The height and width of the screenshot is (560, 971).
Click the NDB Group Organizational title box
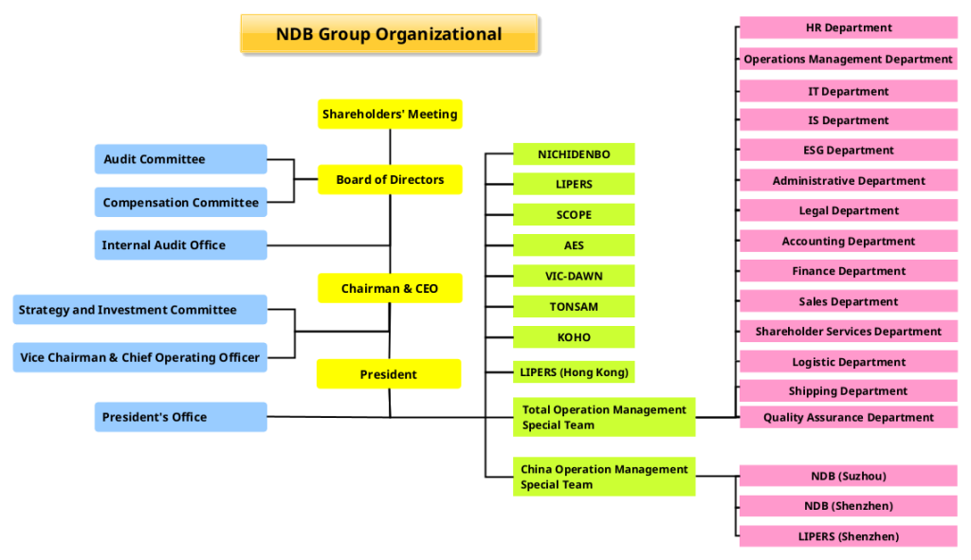click(389, 35)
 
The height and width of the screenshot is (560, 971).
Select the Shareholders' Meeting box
click(390, 115)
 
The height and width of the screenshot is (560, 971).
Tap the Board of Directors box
click(390, 180)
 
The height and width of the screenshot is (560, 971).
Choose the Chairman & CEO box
click(390, 288)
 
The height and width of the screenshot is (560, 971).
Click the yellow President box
click(389, 374)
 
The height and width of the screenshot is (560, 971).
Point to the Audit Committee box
click(181, 159)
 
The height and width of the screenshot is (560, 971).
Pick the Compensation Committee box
click(181, 203)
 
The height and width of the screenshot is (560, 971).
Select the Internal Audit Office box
click(181, 245)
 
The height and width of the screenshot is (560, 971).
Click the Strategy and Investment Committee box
click(140, 310)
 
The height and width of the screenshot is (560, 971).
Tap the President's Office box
click(181, 417)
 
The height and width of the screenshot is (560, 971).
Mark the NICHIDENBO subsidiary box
click(574, 154)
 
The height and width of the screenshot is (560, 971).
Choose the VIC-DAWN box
click(574, 276)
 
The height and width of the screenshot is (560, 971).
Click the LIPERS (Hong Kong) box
click(574, 372)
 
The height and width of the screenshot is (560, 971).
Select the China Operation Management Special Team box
click(604, 477)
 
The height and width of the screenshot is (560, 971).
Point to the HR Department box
click(849, 28)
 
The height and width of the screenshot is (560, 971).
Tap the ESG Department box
click(849, 150)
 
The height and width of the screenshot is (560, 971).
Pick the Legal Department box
click(849, 210)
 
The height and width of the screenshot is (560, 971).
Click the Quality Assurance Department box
click(849, 417)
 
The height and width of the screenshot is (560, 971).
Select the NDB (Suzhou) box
click(849, 476)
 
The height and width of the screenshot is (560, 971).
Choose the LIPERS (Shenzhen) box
click(849, 536)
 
